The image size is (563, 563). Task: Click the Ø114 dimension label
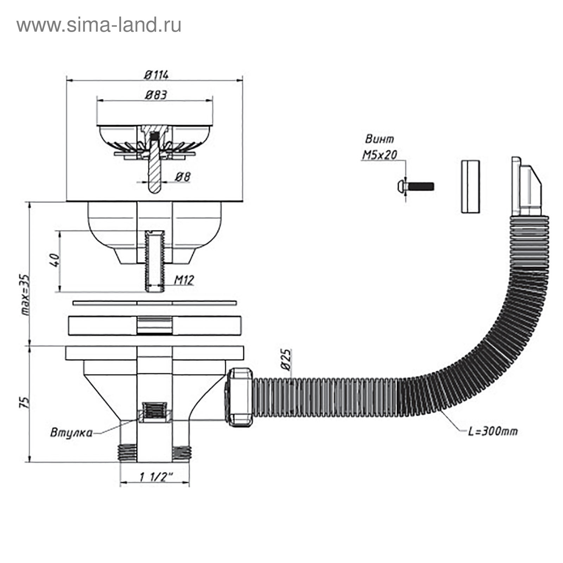coord(156,75)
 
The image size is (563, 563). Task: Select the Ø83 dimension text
coord(156,95)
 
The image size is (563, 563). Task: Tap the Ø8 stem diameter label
coord(183,177)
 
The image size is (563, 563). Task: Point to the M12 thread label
coord(184,280)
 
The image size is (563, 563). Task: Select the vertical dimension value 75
coord(24,403)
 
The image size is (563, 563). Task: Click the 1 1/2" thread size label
coord(156,477)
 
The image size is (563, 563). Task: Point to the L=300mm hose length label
coord(493,431)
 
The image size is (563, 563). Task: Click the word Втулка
coord(71,432)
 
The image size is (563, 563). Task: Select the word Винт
coord(379,139)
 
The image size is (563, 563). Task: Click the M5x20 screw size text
coord(379,155)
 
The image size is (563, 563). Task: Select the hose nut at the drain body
coord(239,397)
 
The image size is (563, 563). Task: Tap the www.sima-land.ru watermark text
coord(99,25)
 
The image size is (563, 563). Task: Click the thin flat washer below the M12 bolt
coord(154,303)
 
